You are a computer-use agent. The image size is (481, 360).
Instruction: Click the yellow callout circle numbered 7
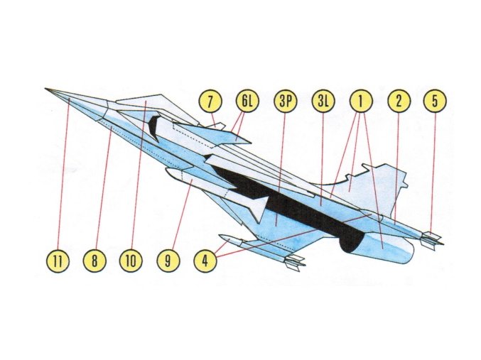(x=211, y=101)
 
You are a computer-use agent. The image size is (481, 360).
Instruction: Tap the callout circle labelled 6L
(x=247, y=101)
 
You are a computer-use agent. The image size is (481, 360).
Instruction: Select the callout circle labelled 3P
(x=284, y=101)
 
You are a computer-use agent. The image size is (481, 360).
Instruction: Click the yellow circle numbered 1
(x=361, y=101)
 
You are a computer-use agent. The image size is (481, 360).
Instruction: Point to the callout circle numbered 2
(x=399, y=101)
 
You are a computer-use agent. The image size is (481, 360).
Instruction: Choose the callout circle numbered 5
(x=435, y=101)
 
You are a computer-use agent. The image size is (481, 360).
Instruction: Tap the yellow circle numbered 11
(x=59, y=261)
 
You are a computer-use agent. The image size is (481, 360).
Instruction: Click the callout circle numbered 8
(x=94, y=261)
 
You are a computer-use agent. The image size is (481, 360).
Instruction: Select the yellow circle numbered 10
(x=131, y=261)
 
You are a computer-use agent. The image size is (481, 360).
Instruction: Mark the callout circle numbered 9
(x=168, y=261)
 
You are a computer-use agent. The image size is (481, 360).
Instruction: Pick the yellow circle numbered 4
(x=205, y=261)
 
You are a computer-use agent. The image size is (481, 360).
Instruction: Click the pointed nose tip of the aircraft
(x=46, y=89)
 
